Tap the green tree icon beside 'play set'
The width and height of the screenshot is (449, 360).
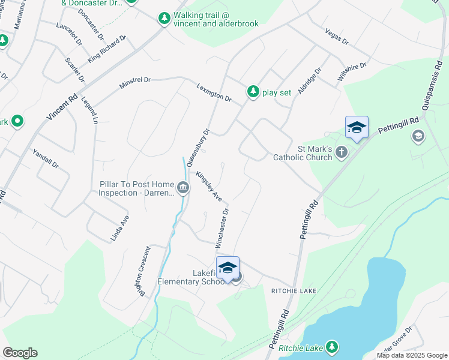253,92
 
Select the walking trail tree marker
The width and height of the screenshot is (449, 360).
164,19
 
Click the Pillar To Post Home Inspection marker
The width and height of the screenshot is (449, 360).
182,188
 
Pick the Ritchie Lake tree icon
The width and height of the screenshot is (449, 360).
331,347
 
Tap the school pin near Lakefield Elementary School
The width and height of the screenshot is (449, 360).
228,269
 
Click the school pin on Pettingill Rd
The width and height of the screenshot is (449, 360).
357,128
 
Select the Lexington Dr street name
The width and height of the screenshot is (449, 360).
213,92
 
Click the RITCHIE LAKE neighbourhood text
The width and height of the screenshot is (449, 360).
293,290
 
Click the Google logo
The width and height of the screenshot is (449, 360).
20,353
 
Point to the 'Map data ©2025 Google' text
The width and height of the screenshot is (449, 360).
411,355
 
